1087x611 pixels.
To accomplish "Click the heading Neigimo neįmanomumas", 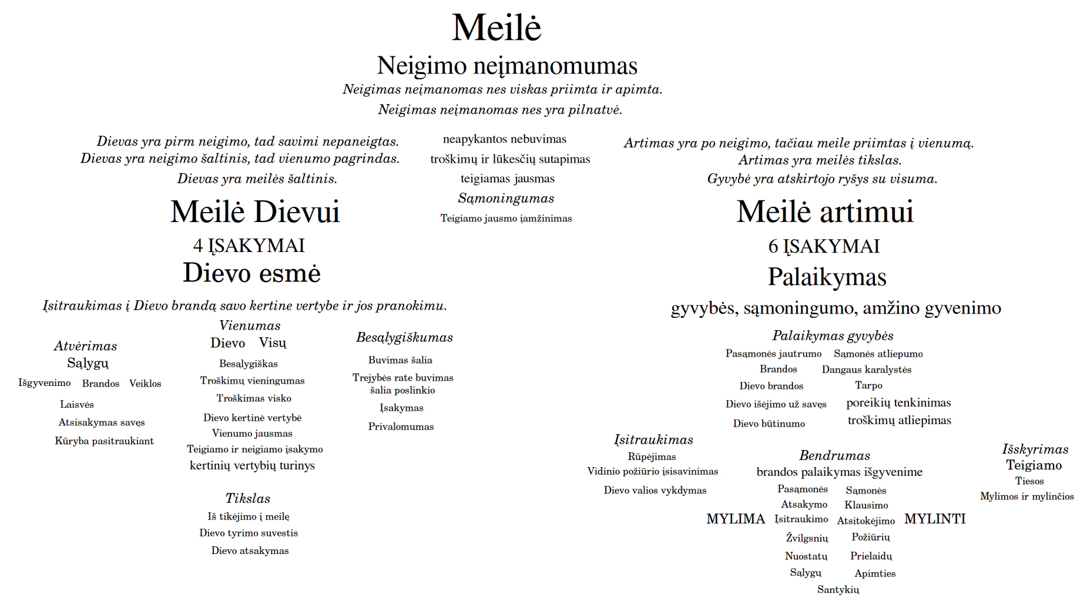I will tap(507, 66).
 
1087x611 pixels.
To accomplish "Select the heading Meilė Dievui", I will tap(255, 212).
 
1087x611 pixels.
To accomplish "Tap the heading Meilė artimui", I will tap(825, 212).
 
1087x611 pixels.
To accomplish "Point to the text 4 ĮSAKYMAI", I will tap(249, 246).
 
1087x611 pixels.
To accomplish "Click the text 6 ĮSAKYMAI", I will tap(824, 246).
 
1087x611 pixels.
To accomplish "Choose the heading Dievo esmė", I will tap(251, 273).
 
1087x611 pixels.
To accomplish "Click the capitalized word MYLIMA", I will tap(736, 519).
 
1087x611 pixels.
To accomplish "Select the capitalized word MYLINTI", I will tap(935, 519).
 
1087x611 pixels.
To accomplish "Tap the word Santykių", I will tap(838, 589).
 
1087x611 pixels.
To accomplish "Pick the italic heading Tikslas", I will tap(248, 498).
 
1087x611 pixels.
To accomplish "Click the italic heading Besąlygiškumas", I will tap(404, 337).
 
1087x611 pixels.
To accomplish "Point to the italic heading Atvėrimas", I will tap(86, 346).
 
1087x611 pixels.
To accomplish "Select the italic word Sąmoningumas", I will tap(506, 199).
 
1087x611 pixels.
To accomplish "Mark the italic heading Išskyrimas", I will tap(1035, 449).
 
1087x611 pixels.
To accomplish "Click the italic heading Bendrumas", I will tap(834, 455).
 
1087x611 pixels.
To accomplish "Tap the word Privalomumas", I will tap(401, 427).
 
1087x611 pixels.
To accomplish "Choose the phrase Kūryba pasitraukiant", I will tap(104, 441).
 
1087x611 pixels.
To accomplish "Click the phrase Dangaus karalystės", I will tap(867, 370).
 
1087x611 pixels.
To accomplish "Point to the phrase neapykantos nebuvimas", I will tap(505, 139).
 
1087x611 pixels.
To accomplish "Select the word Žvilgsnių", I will tap(807, 538).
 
